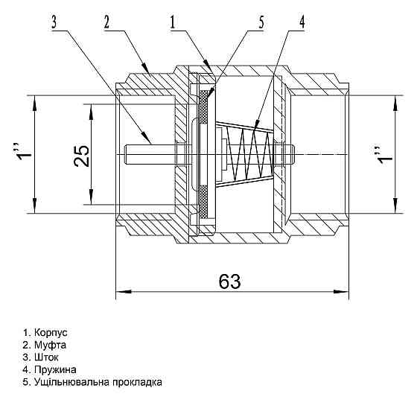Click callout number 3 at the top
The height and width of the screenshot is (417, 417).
point(54,22)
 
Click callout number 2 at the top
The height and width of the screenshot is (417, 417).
point(106,22)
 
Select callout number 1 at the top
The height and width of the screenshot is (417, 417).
point(173,22)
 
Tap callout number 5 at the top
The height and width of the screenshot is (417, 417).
point(261,22)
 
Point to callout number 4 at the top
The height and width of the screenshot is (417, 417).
point(302,22)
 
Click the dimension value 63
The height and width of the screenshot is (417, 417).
point(229,281)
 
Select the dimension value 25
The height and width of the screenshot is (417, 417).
point(82,156)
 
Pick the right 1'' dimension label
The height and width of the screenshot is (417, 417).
point(386,155)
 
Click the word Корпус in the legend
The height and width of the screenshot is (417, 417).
point(51,333)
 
